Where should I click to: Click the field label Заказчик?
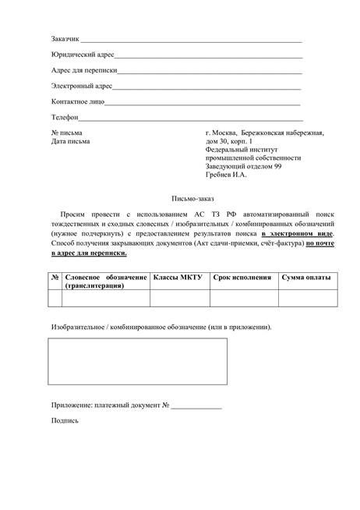(65, 39)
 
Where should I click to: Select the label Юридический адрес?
(83, 55)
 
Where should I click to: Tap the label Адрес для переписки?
(85, 70)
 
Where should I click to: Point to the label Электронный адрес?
(82, 86)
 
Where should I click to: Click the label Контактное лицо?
(77, 101)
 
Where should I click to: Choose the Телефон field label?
(65, 117)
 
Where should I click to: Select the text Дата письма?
(70, 141)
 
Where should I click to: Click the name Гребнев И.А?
(226, 175)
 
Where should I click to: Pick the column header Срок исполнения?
(242, 278)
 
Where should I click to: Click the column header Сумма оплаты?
(306, 278)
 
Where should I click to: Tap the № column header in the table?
(55, 278)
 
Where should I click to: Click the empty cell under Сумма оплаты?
(307, 299)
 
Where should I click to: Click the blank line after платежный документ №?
(196, 406)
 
